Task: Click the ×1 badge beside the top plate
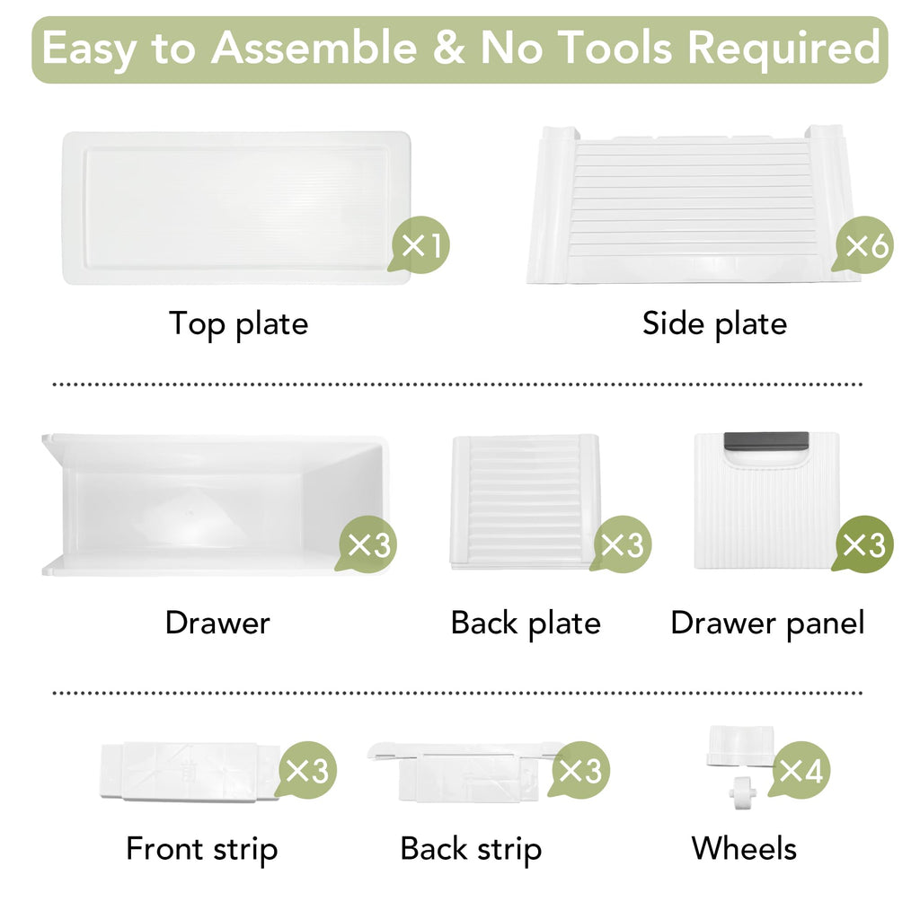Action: point(419,244)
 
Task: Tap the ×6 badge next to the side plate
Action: point(863,244)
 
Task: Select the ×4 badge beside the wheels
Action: point(801,770)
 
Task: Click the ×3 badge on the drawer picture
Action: point(367,544)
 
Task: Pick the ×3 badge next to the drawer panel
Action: point(863,544)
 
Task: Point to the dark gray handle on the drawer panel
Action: point(765,440)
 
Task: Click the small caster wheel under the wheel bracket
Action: point(743,792)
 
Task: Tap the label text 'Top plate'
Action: point(238,323)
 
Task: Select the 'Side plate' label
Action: point(714,323)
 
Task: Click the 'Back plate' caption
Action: point(526,624)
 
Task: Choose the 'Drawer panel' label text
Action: point(767,624)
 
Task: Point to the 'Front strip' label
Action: point(202,849)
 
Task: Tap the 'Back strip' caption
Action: point(471,849)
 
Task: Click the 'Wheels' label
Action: point(744,848)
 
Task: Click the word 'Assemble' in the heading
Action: point(314,48)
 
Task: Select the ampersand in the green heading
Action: point(449,48)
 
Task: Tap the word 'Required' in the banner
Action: point(783,49)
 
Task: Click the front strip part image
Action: point(189,771)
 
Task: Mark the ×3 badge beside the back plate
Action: point(621,544)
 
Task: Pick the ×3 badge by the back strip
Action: point(579,770)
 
